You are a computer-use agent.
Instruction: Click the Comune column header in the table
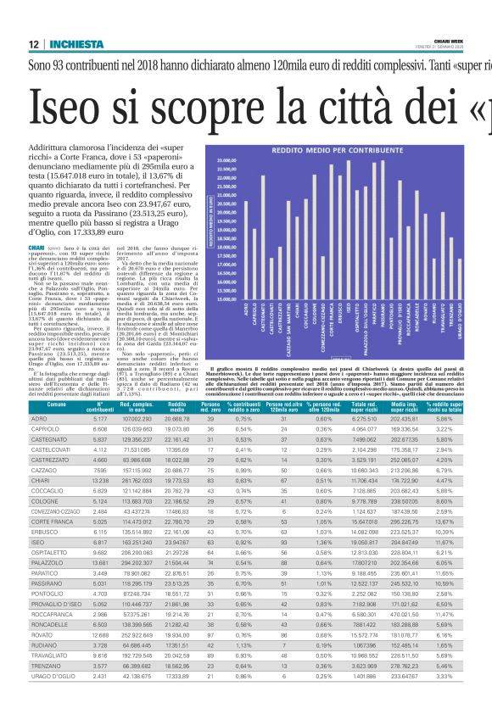pos(56,384)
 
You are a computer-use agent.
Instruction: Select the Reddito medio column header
pos(177,384)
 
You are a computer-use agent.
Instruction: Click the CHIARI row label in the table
pos(42,432)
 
